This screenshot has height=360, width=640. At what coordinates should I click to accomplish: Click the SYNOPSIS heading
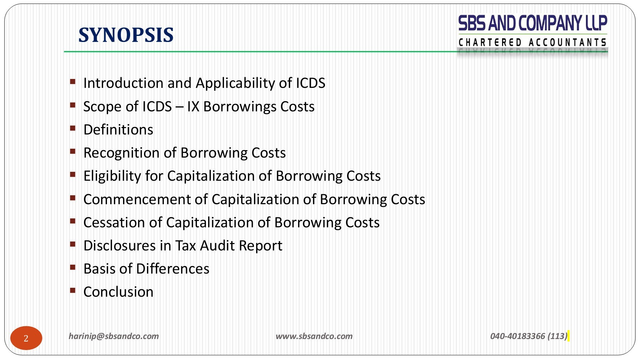pyautogui.click(x=126, y=35)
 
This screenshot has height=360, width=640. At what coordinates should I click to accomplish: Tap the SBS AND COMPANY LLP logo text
pyautogui.click(x=533, y=23)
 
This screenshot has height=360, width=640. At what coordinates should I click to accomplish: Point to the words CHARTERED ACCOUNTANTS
pyautogui.click(x=532, y=42)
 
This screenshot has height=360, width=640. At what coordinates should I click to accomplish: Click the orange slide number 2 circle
pyautogui.click(x=26, y=338)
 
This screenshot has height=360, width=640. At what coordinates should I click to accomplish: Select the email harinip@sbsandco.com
pyautogui.click(x=114, y=336)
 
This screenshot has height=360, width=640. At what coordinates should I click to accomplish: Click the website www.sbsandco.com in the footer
pyautogui.click(x=314, y=336)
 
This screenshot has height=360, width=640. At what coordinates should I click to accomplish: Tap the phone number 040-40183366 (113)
pyautogui.click(x=529, y=336)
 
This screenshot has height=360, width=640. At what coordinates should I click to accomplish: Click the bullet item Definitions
pyautogui.click(x=118, y=130)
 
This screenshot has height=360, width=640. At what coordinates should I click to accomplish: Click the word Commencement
pyautogui.click(x=137, y=200)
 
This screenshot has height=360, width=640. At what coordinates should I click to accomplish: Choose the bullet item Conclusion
pyautogui.click(x=118, y=292)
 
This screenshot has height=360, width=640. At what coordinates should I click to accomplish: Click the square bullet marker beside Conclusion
pyautogui.click(x=73, y=290)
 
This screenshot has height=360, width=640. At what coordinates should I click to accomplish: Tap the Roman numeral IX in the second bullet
pyautogui.click(x=193, y=107)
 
